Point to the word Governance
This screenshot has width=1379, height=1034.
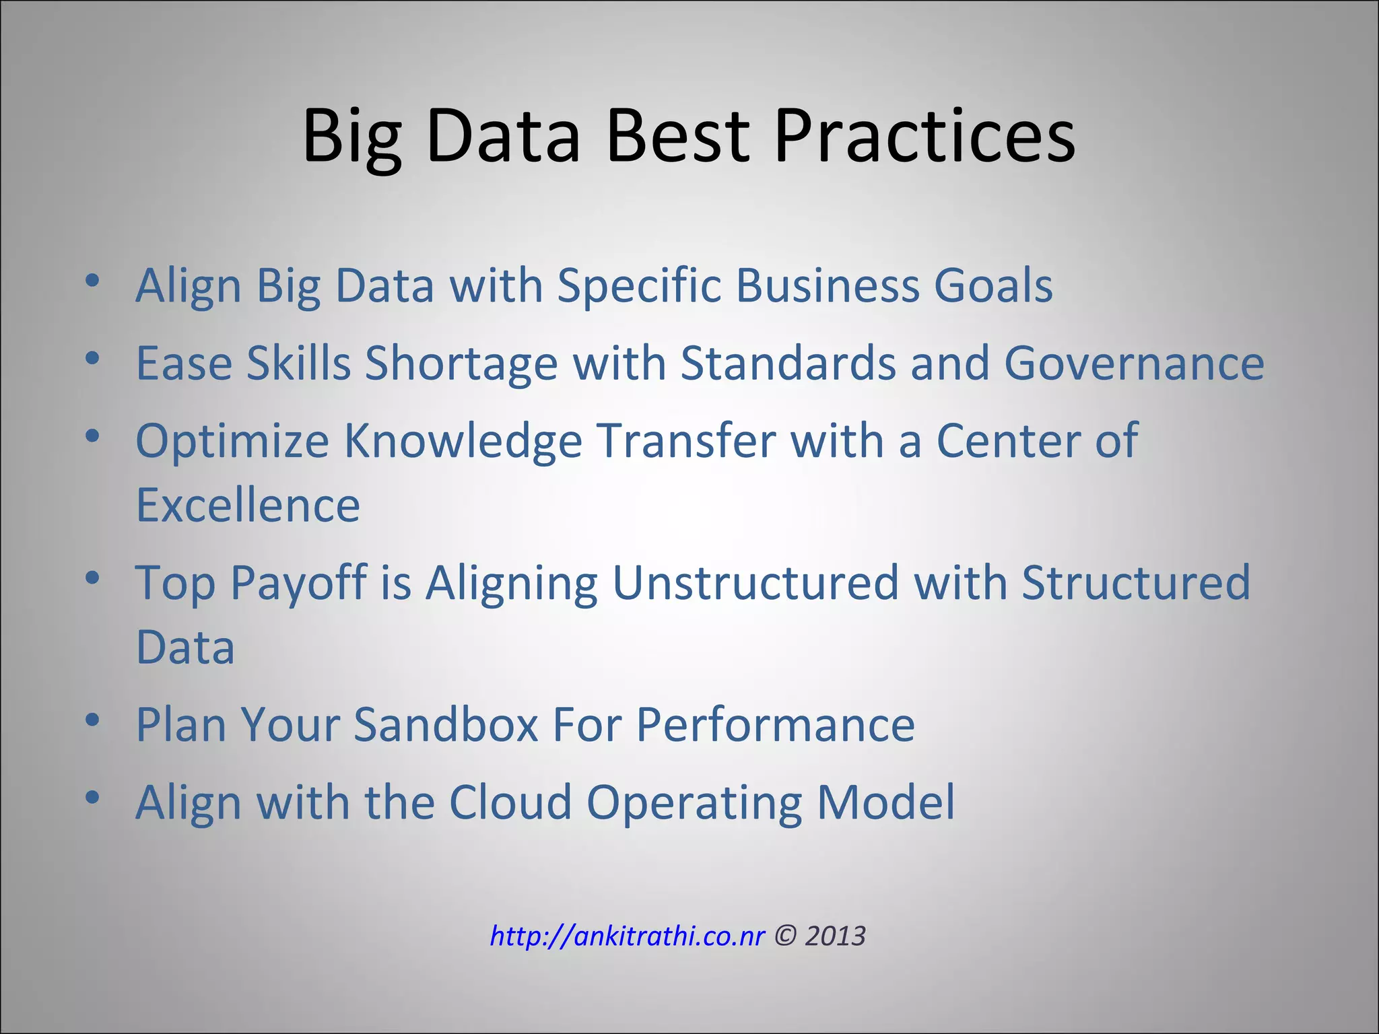1134,364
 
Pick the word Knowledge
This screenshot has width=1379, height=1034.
463,442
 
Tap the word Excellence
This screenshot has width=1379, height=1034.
248,506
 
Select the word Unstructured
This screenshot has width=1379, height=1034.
755,583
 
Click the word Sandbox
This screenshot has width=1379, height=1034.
445,725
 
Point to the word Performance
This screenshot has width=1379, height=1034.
775,725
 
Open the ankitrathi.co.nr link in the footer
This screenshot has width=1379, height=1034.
627,936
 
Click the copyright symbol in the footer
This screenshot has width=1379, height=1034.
784,936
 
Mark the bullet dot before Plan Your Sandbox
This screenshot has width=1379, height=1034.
93,721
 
